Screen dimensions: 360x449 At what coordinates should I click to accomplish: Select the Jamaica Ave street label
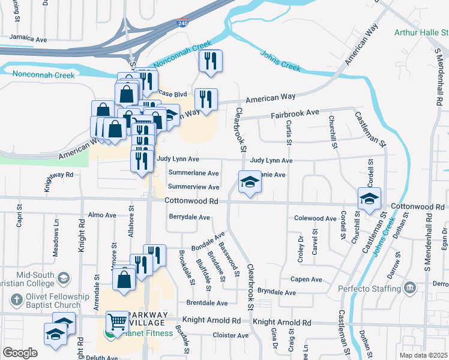[28, 38]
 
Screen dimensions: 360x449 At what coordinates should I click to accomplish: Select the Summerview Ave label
[193, 187]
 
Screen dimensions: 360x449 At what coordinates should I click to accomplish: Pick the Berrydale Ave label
[189, 217]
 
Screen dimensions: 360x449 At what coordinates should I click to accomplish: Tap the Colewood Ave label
[315, 219]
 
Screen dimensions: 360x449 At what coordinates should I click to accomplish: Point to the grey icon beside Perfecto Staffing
[410, 288]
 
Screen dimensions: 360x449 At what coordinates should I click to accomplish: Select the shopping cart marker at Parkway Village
[116, 322]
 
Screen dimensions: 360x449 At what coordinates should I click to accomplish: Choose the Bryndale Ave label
[277, 292]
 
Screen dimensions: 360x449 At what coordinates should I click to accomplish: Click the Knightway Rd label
[58, 175]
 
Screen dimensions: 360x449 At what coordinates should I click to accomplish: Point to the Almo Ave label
[102, 215]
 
